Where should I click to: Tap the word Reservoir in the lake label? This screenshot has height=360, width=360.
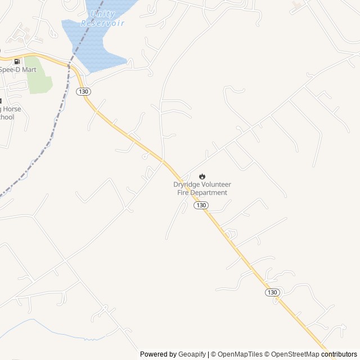[102, 23]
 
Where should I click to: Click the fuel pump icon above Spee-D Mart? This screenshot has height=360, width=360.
[17, 61]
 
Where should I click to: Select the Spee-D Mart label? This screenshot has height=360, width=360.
[17, 69]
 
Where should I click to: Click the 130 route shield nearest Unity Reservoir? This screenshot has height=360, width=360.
[83, 91]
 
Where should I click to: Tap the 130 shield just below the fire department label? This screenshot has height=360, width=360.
[201, 205]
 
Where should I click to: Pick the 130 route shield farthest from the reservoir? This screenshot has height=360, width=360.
[272, 292]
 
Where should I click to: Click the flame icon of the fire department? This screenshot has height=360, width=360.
[202, 176]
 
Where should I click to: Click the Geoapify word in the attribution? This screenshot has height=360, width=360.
[192, 354]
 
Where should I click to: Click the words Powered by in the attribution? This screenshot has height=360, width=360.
[158, 354]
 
